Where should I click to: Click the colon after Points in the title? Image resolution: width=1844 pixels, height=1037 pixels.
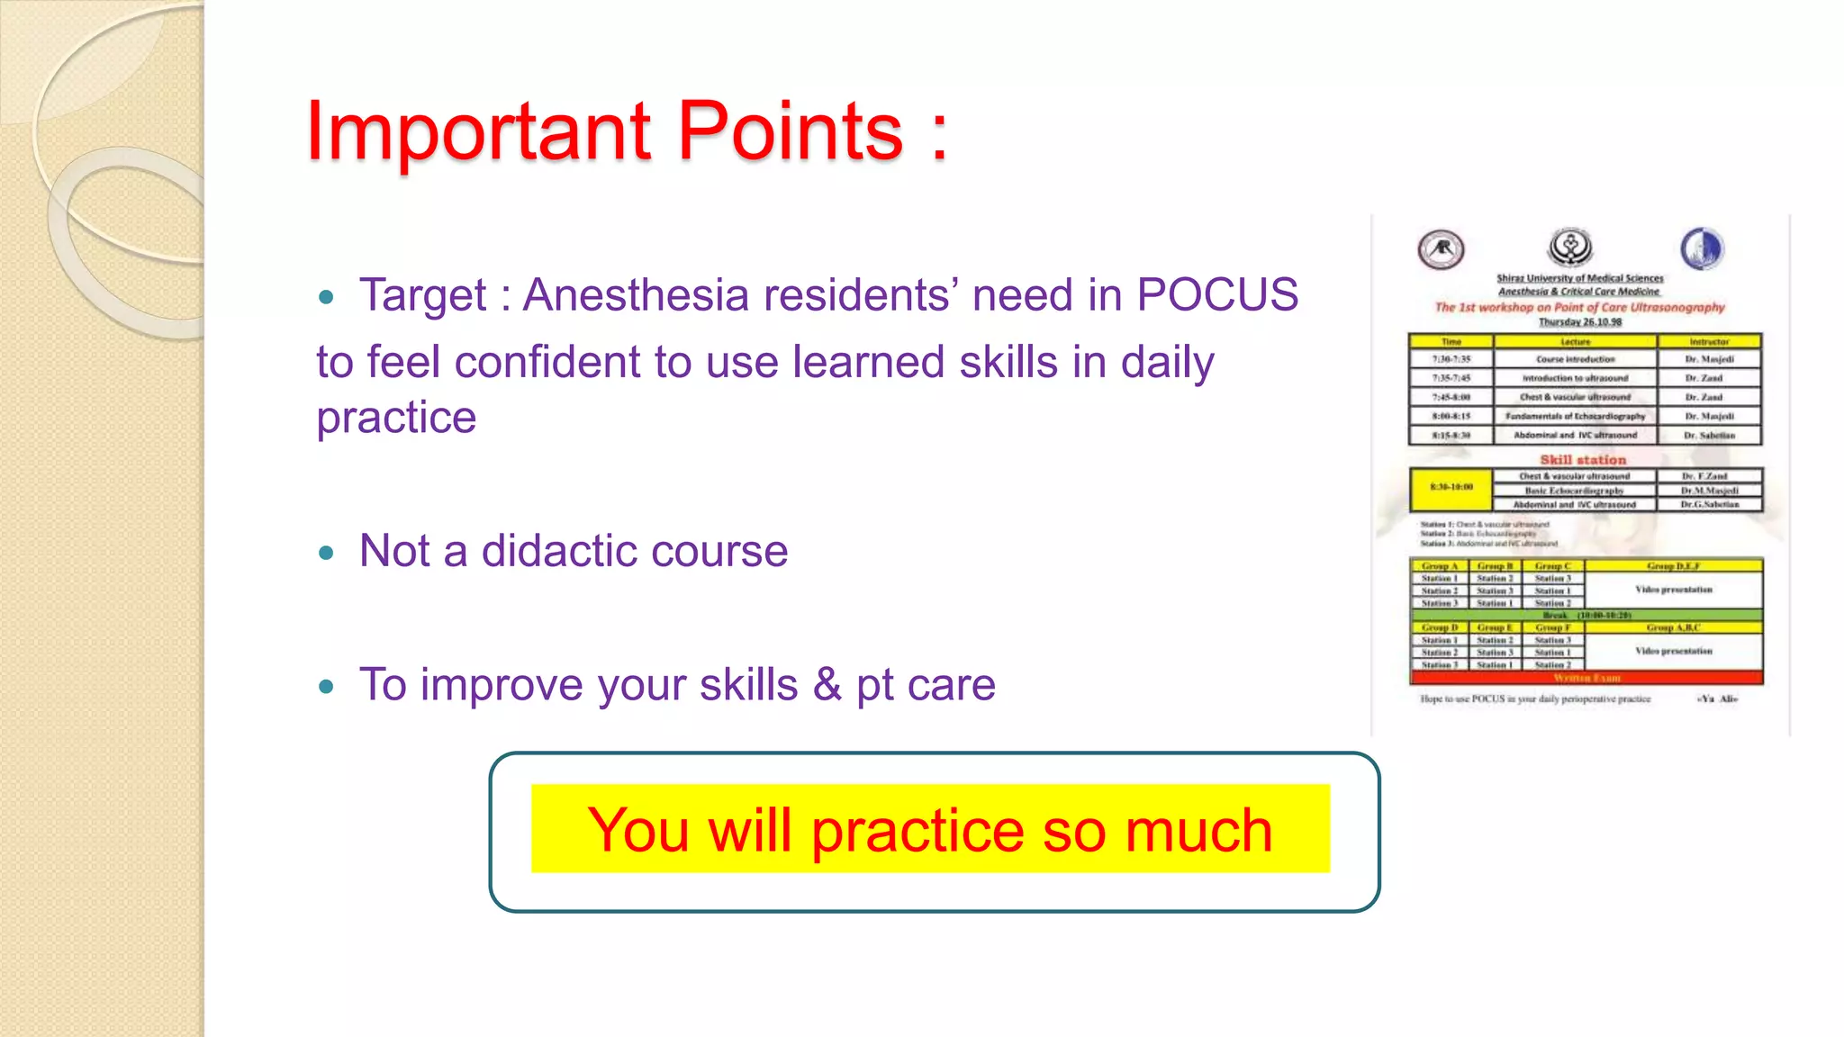click(939, 135)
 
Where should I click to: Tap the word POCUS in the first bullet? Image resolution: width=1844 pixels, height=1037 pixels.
click(1217, 295)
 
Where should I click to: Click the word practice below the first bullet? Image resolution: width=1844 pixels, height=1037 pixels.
click(396, 418)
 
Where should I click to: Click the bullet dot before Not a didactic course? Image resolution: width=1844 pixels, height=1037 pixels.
click(326, 553)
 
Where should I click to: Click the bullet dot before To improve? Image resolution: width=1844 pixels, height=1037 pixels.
click(326, 687)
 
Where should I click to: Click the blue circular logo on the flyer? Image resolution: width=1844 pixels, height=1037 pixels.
click(1701, 248)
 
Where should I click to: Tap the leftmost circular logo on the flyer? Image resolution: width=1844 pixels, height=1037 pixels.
click(1441, 249)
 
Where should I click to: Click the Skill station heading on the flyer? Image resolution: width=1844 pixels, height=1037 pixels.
click(1582, 459)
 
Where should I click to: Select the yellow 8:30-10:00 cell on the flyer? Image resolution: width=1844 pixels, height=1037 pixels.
click(1451, 488)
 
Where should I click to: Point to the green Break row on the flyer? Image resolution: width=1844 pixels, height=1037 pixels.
click(1585, 615)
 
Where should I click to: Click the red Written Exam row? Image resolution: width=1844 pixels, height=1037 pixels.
click(1585, 678)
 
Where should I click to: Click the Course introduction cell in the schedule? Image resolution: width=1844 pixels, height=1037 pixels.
click(1575, 359)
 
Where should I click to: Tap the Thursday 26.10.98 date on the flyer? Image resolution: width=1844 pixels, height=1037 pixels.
click(1579, 321)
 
